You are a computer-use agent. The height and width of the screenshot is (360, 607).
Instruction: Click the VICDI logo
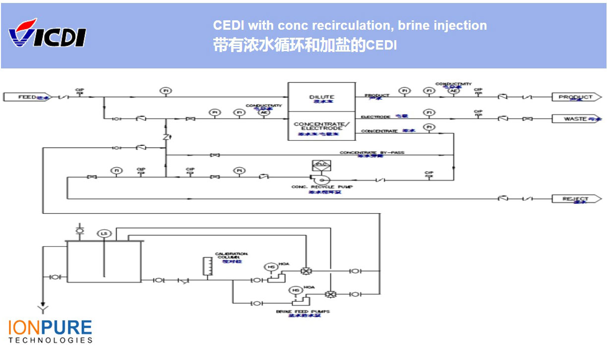pos(47,34)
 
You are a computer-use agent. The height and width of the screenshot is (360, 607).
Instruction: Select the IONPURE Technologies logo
pos(50,331)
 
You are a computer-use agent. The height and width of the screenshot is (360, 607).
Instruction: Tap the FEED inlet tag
pos(28,97)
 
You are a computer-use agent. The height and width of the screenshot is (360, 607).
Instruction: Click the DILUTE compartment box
pos(322,97)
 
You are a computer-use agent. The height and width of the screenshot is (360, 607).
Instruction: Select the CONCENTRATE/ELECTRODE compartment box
pos(322,126)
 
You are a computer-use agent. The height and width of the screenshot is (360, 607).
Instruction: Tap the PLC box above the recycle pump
pos(321,166)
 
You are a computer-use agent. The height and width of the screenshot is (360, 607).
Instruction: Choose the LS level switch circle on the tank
pos(104,234)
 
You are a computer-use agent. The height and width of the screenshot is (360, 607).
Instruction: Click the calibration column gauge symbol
pos(207,266)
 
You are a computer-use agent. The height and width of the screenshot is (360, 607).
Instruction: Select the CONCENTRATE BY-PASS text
pos(372,153)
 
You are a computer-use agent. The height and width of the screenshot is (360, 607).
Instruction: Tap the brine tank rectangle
pos(104,262)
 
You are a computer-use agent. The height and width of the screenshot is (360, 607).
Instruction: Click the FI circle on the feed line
pos(165,91)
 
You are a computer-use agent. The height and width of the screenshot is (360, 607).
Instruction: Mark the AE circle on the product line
pos(453,91)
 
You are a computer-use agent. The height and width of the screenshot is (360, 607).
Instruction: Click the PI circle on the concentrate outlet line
pos(428,127)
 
